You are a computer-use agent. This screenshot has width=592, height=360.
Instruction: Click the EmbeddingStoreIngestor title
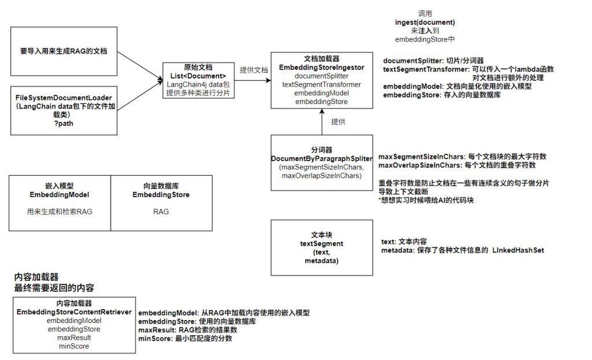pos(321,68)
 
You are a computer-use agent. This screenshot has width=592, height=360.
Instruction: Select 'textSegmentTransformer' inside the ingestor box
pos(321,84)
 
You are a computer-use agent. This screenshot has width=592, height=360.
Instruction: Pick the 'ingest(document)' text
pos(425,23)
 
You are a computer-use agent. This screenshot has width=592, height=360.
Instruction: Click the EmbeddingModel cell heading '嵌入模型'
pos(60,187)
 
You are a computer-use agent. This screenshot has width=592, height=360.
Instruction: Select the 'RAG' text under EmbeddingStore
pos(161,212)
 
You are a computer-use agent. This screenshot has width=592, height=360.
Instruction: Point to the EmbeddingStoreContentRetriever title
pos(73,312)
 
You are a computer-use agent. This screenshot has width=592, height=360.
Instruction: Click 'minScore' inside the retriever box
pos(73,346)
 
